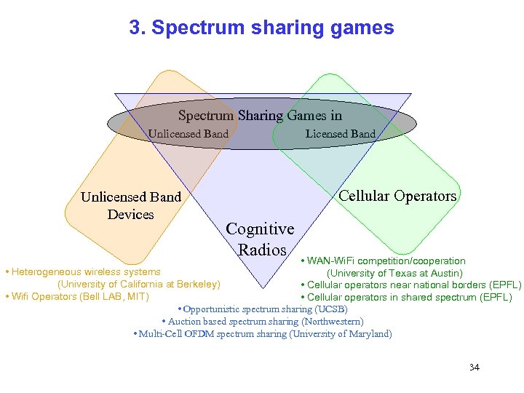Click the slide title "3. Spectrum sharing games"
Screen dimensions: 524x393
(261, 28)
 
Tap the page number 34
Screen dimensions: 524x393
(475, 367)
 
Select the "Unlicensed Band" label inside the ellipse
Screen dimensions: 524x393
(188, 134)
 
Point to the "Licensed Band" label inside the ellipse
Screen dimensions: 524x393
(340, 134)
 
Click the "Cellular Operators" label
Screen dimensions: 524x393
(397, 196)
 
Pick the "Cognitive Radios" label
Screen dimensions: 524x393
(260, 239)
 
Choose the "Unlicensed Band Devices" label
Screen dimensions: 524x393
(131, 205)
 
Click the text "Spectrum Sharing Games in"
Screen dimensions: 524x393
(260, 116)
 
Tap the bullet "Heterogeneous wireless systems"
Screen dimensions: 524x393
(83, 271)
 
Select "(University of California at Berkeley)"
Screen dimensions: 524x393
(138, 284)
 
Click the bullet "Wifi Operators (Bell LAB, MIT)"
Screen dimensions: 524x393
(76, 296)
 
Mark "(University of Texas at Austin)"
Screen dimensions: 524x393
(394, 273)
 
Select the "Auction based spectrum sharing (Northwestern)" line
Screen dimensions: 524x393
(262, 322)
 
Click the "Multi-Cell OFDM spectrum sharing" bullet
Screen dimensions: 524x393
(263, 334)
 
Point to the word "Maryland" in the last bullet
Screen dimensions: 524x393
(370, 334)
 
